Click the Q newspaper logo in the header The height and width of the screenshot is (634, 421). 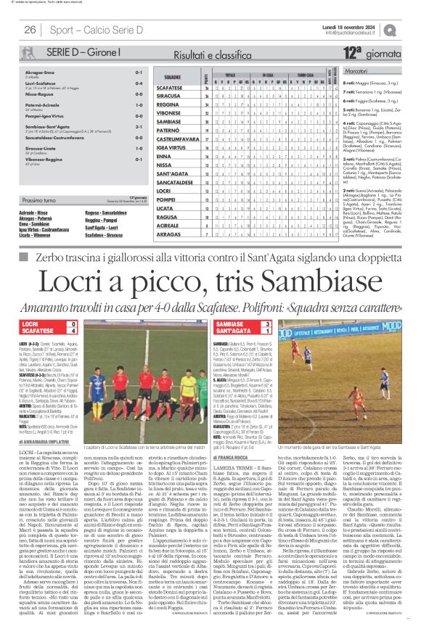pyautogui.click(x=411, y=29)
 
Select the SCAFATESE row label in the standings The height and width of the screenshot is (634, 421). pyautogui.click(x=170, y=87)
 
